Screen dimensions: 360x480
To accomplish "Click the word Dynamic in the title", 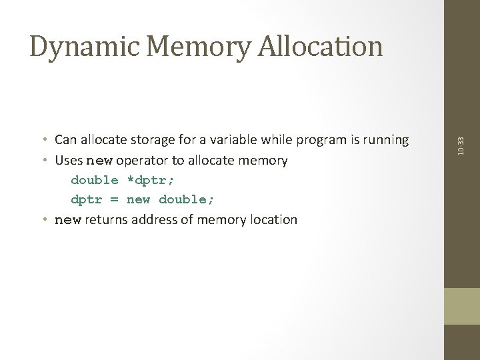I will pyautogui.click(x=78, y=46).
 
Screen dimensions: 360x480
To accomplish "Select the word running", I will pyautogui.click(x=386, y=140).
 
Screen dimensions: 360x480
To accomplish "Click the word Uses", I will pyautogui.click(x=69, y=161).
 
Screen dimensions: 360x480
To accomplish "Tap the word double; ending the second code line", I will pyautogui.click(x=187, y=200).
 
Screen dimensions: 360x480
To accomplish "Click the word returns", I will pyautogui.click(x=103, y=219).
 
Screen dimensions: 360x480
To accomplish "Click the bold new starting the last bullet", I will pyautogui.click(x=67, y=219).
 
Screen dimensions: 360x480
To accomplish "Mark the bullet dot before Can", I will pyautogui.click(x=43, y=140).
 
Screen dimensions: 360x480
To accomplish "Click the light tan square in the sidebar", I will pyautogui.click(x=462, y=306).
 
